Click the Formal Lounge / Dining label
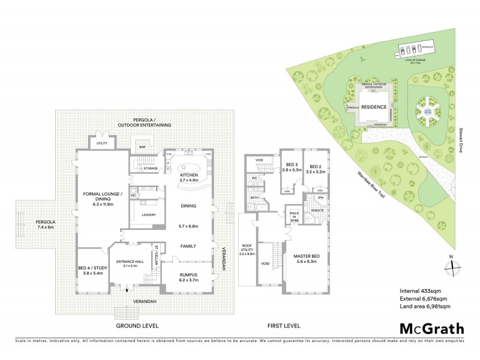103,199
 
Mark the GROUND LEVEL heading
139,326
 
